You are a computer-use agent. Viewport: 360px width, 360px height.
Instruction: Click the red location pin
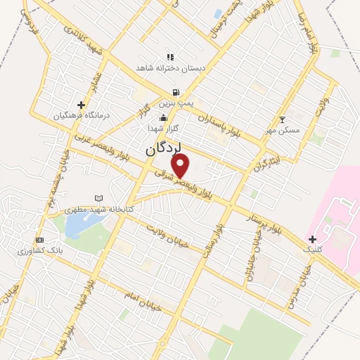181,165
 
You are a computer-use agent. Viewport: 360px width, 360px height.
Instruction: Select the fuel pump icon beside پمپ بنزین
175,92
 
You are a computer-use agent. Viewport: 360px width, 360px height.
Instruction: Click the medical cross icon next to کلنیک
312,239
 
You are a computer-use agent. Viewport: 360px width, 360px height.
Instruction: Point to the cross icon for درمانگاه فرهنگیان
81,105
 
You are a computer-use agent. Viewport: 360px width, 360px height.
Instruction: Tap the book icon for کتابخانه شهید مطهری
98,199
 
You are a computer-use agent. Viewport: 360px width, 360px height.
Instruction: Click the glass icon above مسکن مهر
283,120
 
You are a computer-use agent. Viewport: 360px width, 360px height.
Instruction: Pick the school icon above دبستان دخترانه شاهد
169,57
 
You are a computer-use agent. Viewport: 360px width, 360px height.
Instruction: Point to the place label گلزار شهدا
164,129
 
